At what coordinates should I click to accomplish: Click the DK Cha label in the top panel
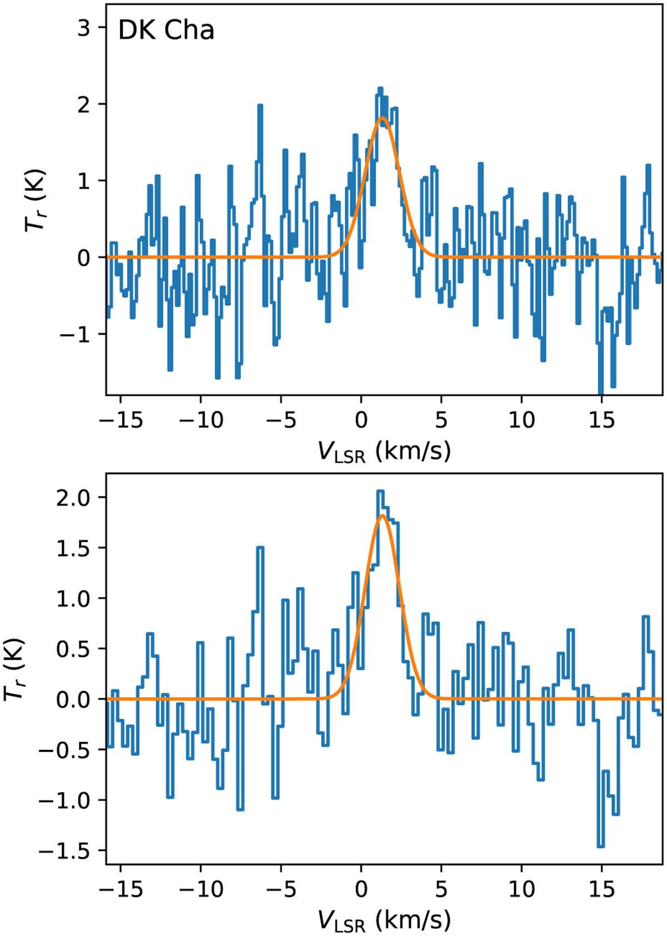tap(166, 30)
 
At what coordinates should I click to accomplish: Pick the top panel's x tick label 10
tap(521, 420)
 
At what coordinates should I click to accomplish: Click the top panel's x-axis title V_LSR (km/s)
tap(384, 452)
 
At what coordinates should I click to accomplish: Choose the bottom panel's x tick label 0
tap(361, 889)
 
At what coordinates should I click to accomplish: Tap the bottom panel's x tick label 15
tap(601, 889)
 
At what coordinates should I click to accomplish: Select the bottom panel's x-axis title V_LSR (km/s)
tap(384, 921)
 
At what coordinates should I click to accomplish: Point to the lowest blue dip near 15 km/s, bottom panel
tap(600, 846)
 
